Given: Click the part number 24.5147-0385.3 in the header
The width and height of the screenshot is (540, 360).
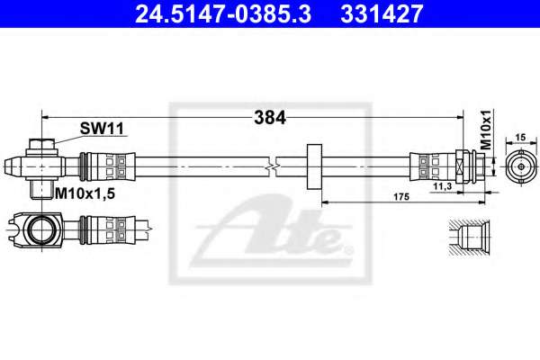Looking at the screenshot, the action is coord(223,13).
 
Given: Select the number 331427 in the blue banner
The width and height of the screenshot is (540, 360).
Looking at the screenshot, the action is coord(382,13).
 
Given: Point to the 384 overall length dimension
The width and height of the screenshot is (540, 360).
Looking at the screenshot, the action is coord(270,118).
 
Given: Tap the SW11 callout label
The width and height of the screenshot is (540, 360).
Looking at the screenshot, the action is coord(102,129).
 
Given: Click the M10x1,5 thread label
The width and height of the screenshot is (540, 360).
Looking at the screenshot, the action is coord(85,193).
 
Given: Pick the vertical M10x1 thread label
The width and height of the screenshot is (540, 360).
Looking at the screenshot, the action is coord(486,130).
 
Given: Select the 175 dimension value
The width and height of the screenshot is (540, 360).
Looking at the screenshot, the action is coord(401,197).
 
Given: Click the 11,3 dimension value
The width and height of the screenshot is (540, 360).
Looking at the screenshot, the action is coord(443,186).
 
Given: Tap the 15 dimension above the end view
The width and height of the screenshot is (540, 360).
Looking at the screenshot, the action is coord(521,138).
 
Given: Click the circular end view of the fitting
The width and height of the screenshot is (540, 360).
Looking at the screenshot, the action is coord(521,166).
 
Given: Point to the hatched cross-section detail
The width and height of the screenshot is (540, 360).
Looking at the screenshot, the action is coord(467,238).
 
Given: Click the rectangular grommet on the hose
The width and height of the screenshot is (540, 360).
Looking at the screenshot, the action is coord(314,166).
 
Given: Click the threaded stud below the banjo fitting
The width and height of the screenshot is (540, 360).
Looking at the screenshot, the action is coord(41,190).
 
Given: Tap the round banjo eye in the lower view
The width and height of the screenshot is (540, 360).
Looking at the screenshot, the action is coord(40,229).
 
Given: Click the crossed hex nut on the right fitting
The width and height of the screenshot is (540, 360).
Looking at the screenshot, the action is coord(459,166).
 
